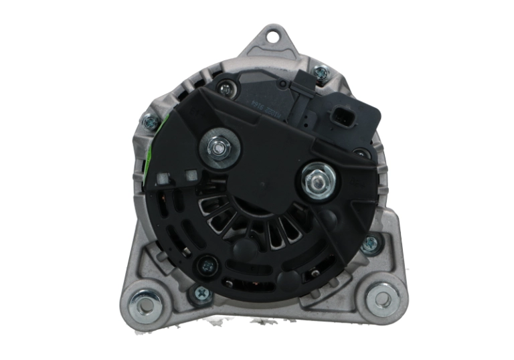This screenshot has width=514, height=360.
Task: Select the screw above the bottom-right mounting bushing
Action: [x=370, y=245]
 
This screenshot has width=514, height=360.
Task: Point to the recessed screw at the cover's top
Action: [x=226, y=85]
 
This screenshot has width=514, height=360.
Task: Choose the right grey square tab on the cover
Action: [x=192, y=176]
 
